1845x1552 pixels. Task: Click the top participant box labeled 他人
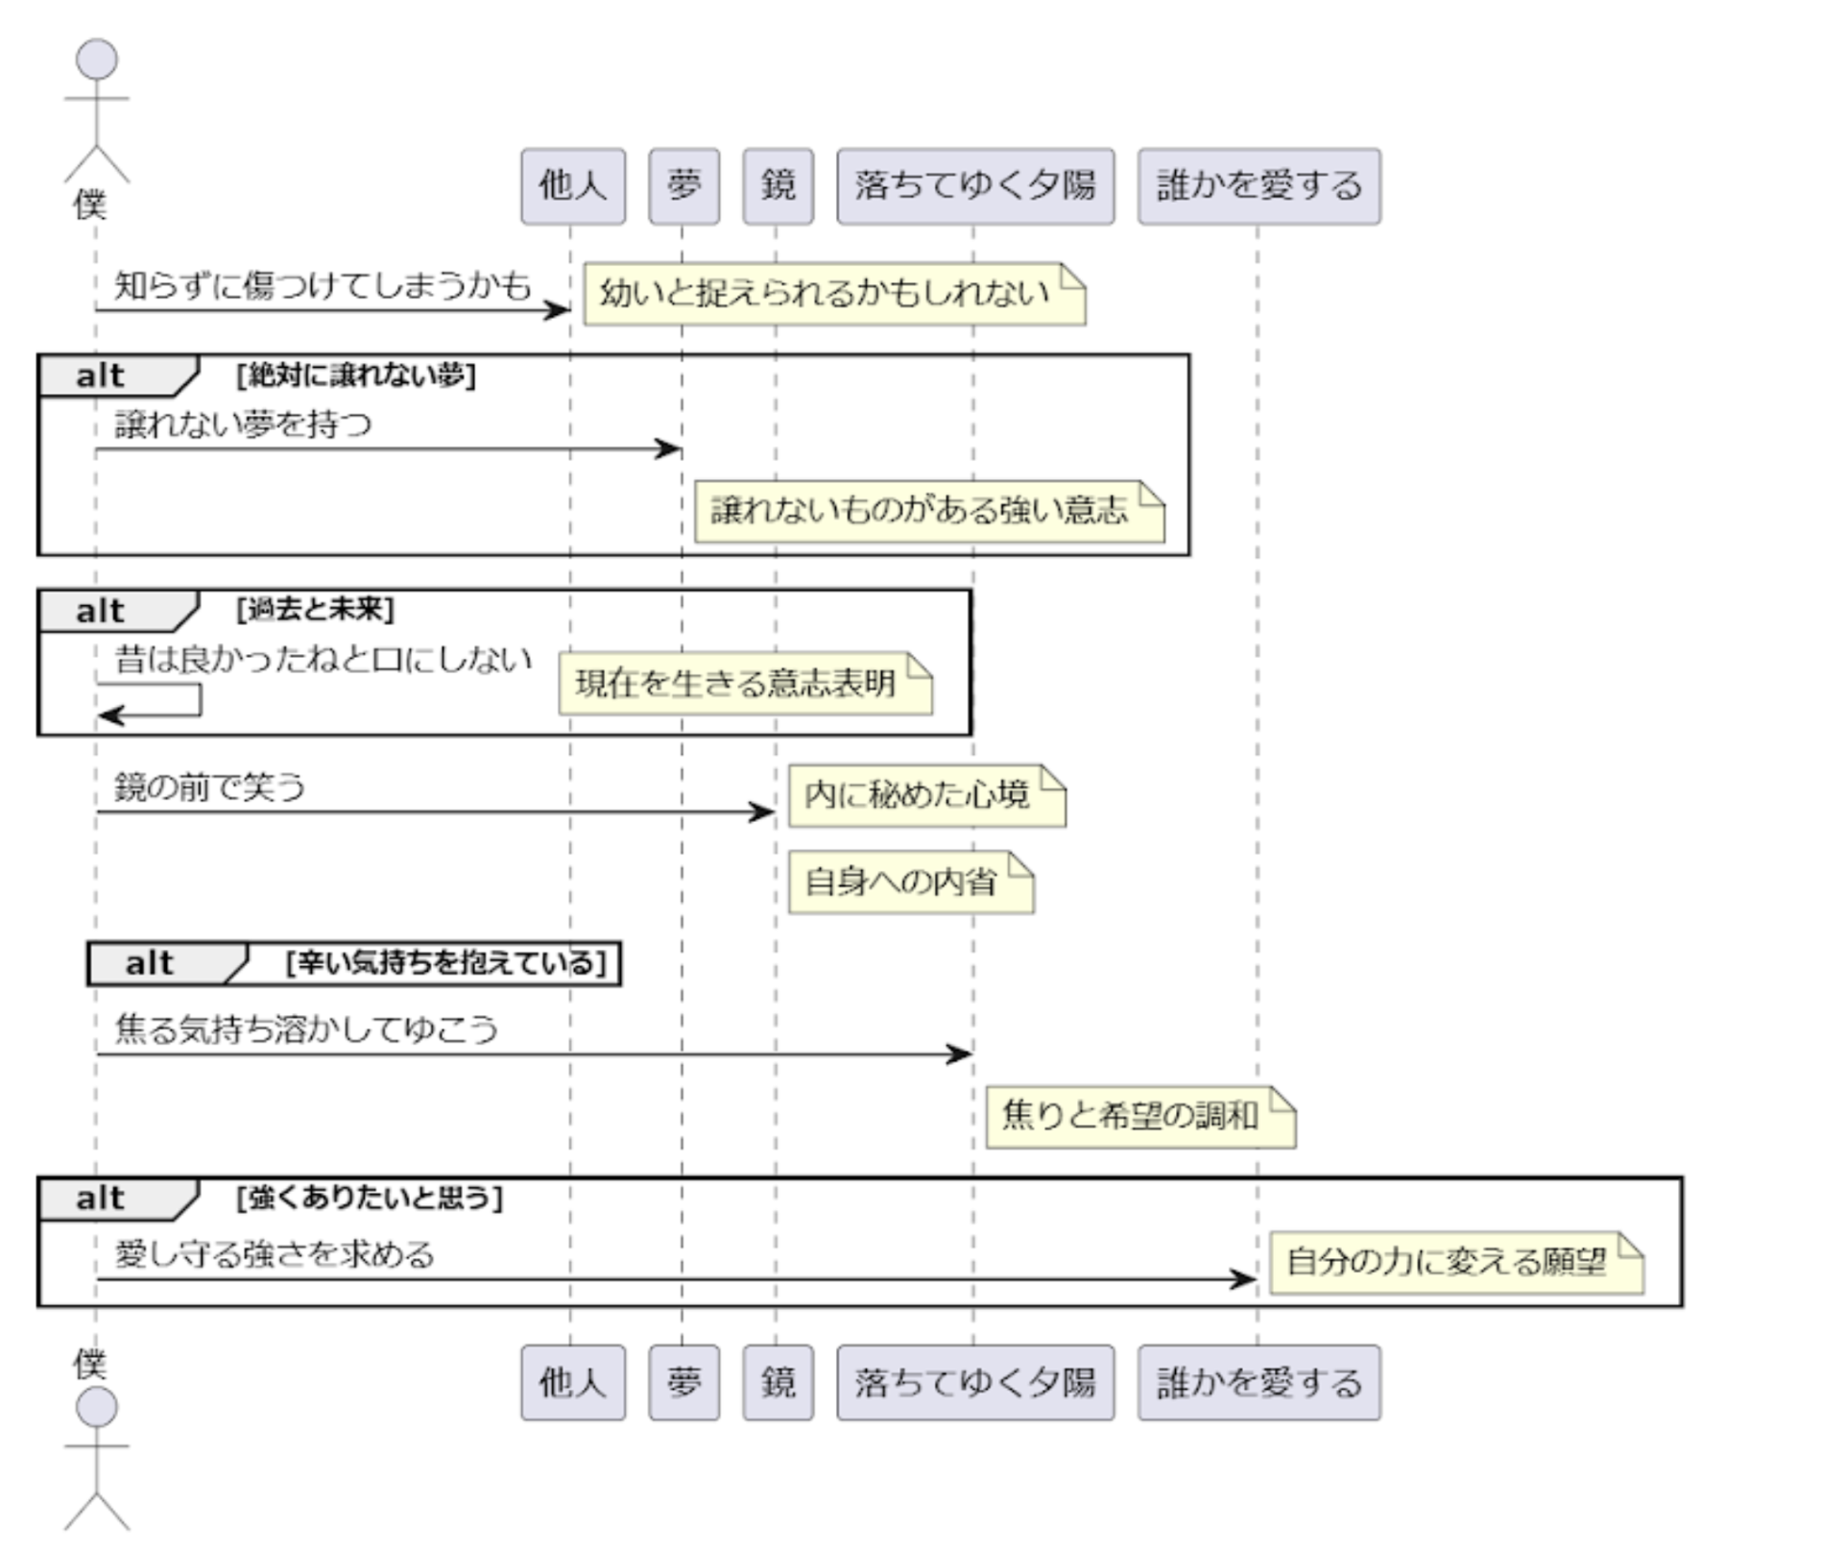click(x=573, y=186)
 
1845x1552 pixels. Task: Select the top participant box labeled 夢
click(x=683, y=186)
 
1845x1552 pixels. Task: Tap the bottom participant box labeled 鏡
click(x=778, y=1382)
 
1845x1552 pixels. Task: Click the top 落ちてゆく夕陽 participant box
click(x=975, y=186)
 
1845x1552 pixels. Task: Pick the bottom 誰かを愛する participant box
click(x=1259, y=1382)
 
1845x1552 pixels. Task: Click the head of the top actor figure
click(x=97, y=60)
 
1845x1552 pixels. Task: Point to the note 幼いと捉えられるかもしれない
click(x=833, y=294)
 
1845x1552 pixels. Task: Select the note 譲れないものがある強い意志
click(x=928, y=511)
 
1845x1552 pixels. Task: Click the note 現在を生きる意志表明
click(x=745, y=684)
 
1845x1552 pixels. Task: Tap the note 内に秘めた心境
click(x=926, y=795)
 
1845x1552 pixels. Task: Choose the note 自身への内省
click(x=910, y=882)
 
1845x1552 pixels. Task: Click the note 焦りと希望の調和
click(x=1139, y=1116)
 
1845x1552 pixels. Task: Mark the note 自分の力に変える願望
click(x=1455, y=1262)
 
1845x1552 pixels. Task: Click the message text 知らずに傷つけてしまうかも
click(x=323, y=286)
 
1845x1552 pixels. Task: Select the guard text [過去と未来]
click(x=315, y=609)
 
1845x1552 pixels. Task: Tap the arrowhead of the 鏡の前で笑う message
click(x=764, y=812)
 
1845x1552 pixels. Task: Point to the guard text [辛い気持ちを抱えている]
click(x=446, y=962)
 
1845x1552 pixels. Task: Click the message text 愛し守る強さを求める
click(x=275, y=1254)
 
